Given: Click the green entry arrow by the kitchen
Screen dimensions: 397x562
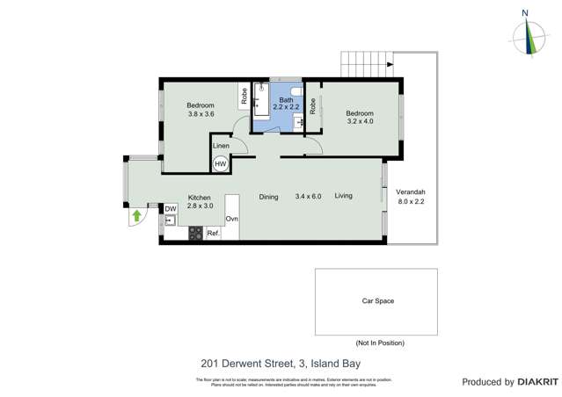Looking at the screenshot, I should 137,214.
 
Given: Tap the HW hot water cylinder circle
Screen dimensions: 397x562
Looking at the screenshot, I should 220,164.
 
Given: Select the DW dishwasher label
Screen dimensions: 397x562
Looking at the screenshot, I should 170,208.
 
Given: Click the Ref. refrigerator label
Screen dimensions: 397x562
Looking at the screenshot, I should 212,234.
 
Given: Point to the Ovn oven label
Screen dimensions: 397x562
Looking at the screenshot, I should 232,219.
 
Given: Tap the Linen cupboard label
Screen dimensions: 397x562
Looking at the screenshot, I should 221,145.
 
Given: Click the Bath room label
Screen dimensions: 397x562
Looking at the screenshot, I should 287,100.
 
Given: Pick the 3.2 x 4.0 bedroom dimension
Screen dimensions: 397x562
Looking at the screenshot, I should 359,122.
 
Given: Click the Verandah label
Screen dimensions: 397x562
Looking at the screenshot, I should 410,191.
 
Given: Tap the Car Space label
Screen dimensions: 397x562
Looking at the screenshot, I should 377,301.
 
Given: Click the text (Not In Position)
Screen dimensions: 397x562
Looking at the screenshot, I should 378,343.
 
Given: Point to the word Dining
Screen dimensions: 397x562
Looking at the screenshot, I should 268,197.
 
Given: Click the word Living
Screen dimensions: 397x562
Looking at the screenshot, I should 343,196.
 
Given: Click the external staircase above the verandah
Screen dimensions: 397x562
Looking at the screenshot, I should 367,63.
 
